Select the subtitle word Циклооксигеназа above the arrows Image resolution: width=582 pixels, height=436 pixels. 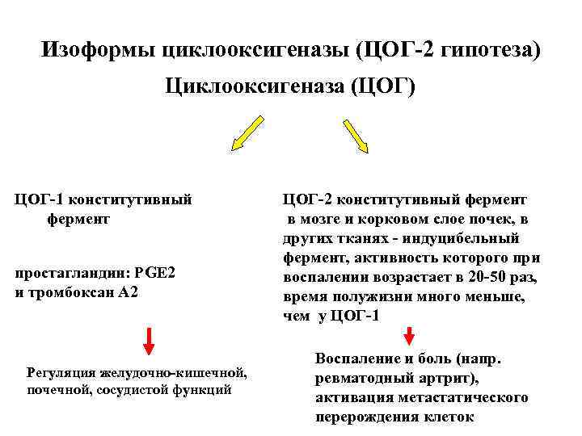coord(256,86)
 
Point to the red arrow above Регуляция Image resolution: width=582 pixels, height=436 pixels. coord(149,341)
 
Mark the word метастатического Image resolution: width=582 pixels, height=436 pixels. coord(458,397)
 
